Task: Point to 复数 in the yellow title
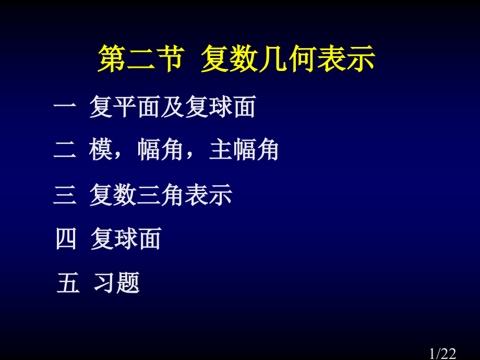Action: [x=230, y=58]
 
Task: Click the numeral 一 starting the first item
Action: [x=65, y=107]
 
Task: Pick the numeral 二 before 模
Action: [x=65, y=150]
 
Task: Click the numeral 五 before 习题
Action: [x=68, y=283]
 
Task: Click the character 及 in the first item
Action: [x=172, y=107]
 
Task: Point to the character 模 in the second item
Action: [x=101, y=150]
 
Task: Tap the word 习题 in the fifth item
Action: [x=117, y=283]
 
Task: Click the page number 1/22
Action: [x=442, y=353]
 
